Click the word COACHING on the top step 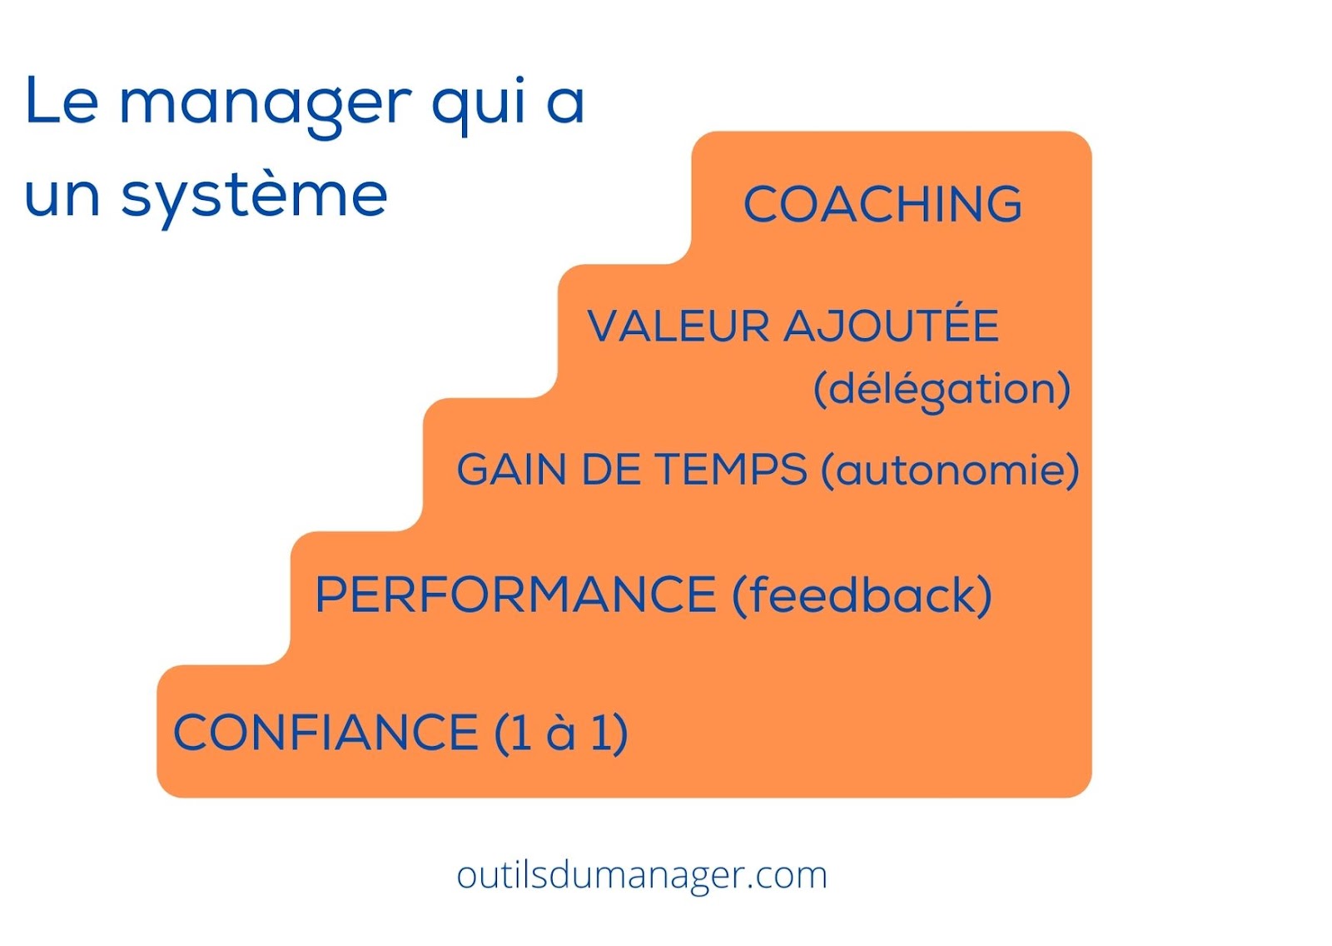point(882,204)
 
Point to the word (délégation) point(942,390)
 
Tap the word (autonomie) point(950,470)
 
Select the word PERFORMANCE point(515,594)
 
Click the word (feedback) point(862,595)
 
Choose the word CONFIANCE point(326,733)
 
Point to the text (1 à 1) point(561,733)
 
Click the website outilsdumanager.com point(642,876)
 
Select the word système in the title point(255,193)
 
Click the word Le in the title point(62,100)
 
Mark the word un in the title point(62,197)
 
